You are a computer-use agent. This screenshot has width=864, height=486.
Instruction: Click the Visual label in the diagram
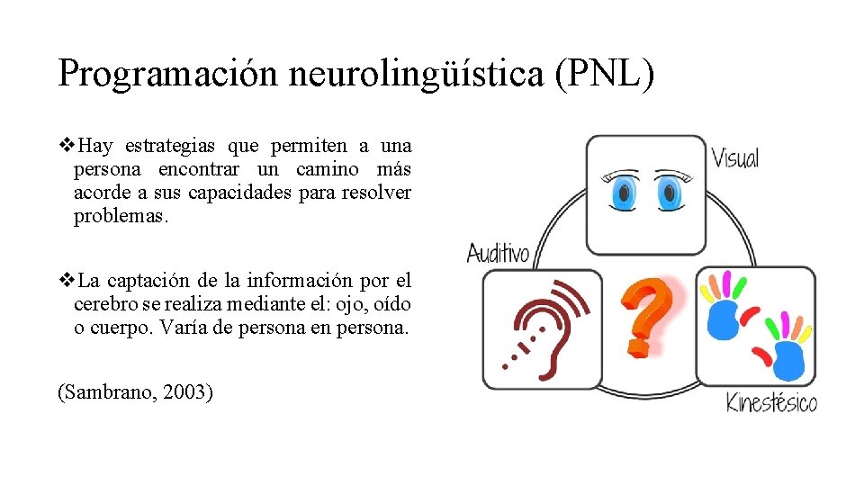pyautogui.click(x=734, y=158)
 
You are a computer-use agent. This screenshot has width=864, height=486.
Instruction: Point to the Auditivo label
pyautogui.click(x=498, y=252)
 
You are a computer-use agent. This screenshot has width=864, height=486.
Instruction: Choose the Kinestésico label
pyautogui.click(x=771, y=401)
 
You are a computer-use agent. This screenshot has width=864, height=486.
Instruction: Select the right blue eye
pyautogui.click(x=669, y=193)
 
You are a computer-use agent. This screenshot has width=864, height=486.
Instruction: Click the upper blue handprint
pyautogui.click(x=724, y=315)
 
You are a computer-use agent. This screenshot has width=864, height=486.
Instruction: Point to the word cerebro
pyautogui.click(x=103, y=305)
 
